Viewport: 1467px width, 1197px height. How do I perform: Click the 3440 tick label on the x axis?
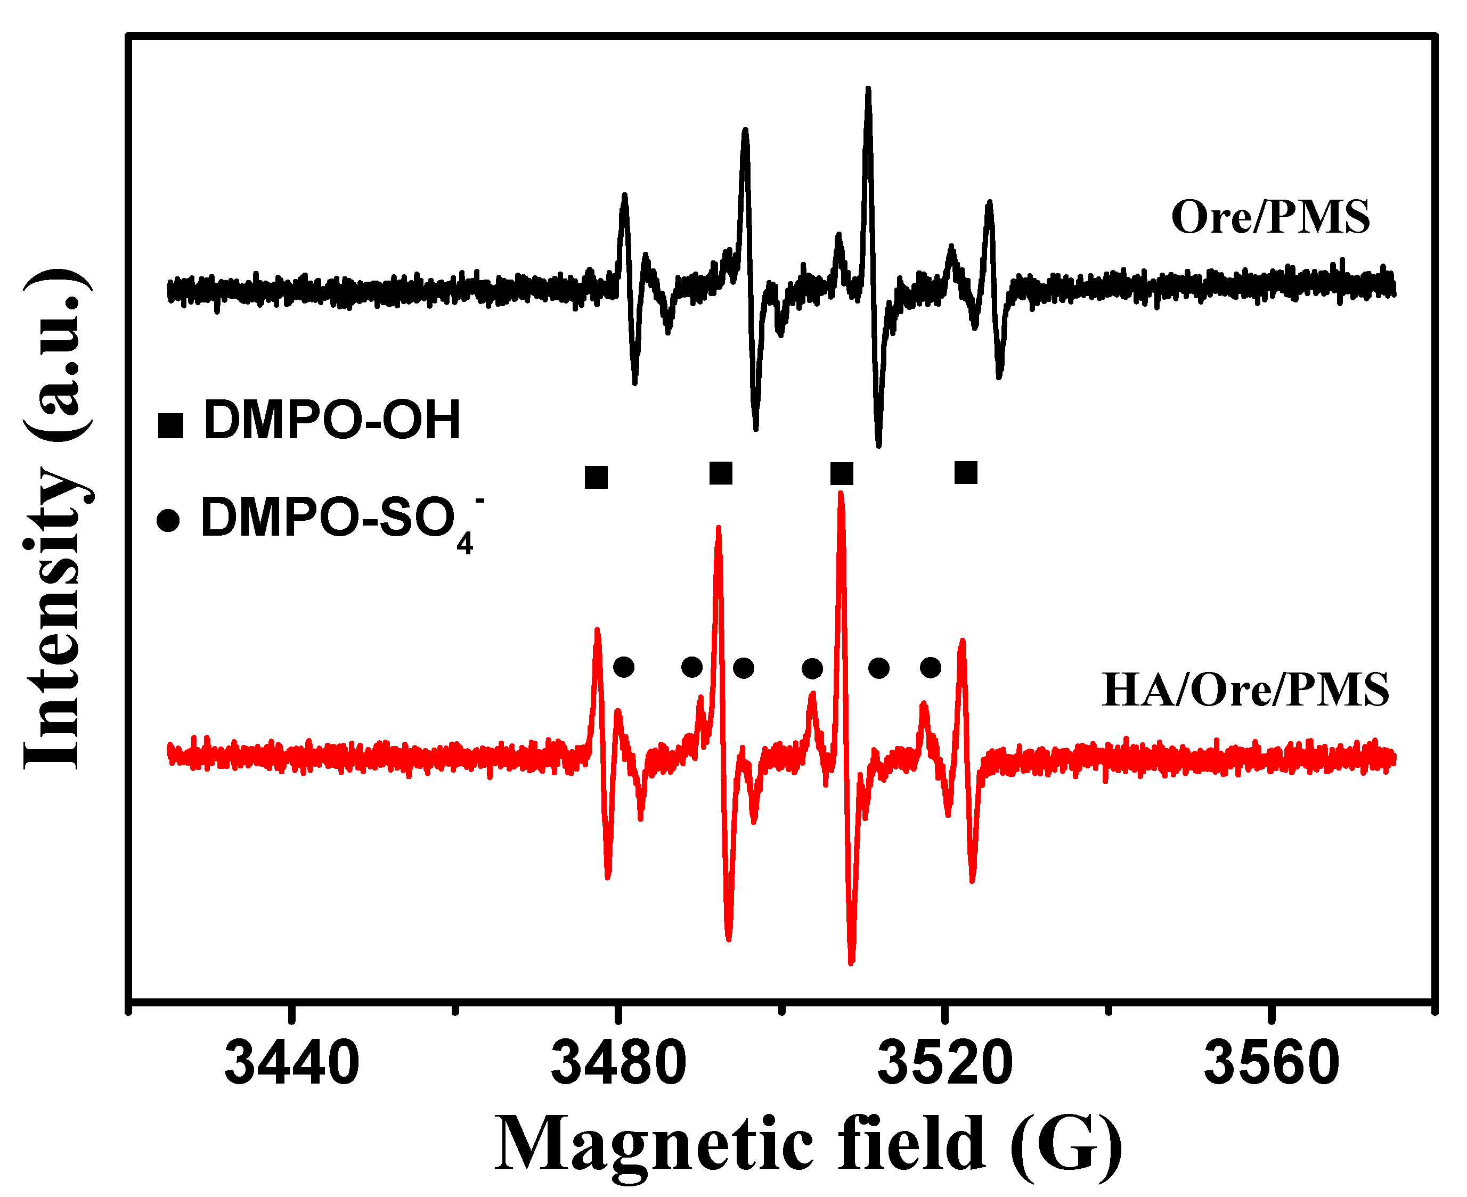[x=292, y=1062]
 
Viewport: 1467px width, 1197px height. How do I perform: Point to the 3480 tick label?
[x=618, y=1062]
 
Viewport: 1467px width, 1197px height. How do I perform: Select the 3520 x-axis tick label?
[x=945, y=1062]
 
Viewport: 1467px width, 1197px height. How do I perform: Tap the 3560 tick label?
[x=1271, y=1062]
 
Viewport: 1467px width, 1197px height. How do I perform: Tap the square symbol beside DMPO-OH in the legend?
[x=170, y=425]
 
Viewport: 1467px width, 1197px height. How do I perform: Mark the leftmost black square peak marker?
[x=596, y=477]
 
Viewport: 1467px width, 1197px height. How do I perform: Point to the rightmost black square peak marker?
[x=966, y=473]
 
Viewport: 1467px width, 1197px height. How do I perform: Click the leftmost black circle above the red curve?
[x=623, y=667]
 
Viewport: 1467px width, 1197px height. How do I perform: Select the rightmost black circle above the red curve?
[x=931, y=667]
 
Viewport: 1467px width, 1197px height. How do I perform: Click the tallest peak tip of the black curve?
[x=868, y=89]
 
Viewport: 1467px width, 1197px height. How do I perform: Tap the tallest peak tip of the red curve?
[x=841, y=494]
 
